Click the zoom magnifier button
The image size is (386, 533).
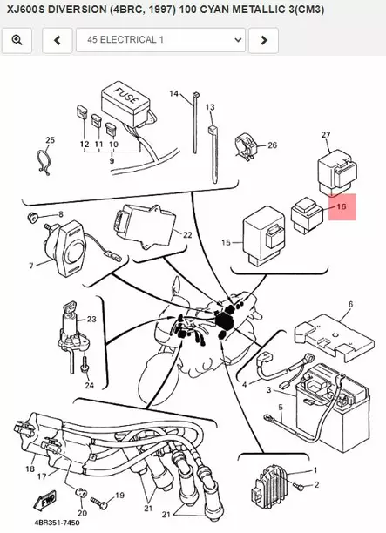(x=17, y=40)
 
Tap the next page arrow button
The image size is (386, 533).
(x=264, y=40)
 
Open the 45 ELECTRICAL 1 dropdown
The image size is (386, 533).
(x=160, y=40)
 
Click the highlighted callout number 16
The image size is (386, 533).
(x=341, y=208)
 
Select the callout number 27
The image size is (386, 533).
(x=326, y=135)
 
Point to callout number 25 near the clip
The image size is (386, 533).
(x=50, y=139)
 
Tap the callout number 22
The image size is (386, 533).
(x=186, y=235)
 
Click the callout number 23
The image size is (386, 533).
(x=91, y=320)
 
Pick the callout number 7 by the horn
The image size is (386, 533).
(x=31, y=265)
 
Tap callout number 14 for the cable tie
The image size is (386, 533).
(x=173, y=93)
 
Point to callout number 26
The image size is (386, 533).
(x=271, y=145)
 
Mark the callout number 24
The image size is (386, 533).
(x=88, y=385)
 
